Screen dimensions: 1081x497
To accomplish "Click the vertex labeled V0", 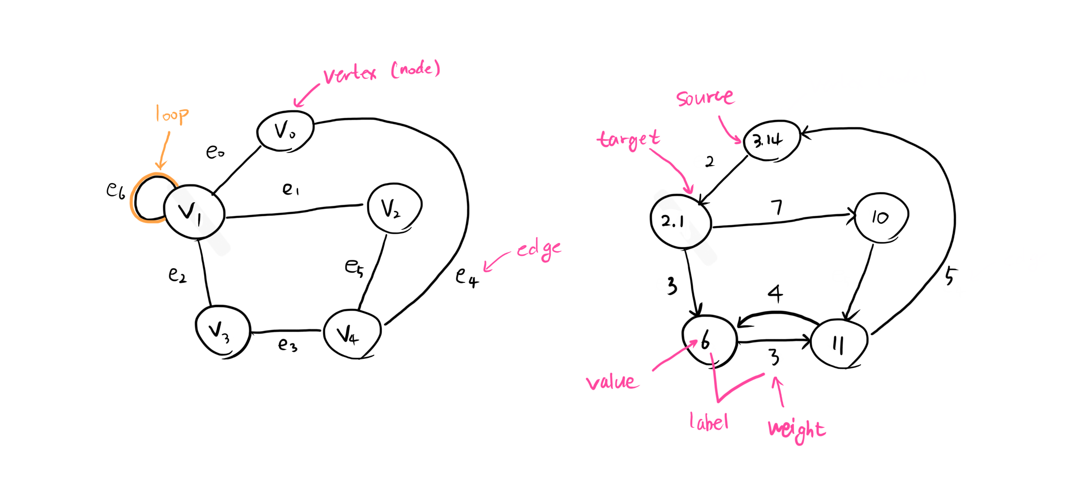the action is [x=285, y=131].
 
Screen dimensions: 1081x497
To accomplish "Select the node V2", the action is [x=394, y=208].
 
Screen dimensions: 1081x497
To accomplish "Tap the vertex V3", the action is [x=223, y=331].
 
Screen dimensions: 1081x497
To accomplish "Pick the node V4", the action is [x=352, y=335].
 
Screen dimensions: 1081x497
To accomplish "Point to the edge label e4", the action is [x=467, y=277].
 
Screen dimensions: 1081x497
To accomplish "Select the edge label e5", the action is [x=354, y=267].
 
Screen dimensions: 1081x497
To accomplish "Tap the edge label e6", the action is [x=115, y=190].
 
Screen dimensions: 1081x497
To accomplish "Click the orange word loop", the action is [x=172, y=114].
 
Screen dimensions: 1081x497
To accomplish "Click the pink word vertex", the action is [x=350, y=75].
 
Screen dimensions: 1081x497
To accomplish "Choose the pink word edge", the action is [x=538, y=250].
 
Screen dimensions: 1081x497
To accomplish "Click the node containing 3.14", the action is [x=771, y=140].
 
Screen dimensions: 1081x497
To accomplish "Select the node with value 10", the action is [x=881, y=217].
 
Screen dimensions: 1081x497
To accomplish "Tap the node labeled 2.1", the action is [x=680, y=221].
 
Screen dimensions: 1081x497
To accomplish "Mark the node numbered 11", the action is [x=839, y=343].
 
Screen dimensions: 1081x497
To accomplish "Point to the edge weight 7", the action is [x=777, y=207].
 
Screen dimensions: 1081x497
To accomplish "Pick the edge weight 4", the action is [x=775, y=293].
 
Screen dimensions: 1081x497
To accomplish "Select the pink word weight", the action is [x=797, y=429].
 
